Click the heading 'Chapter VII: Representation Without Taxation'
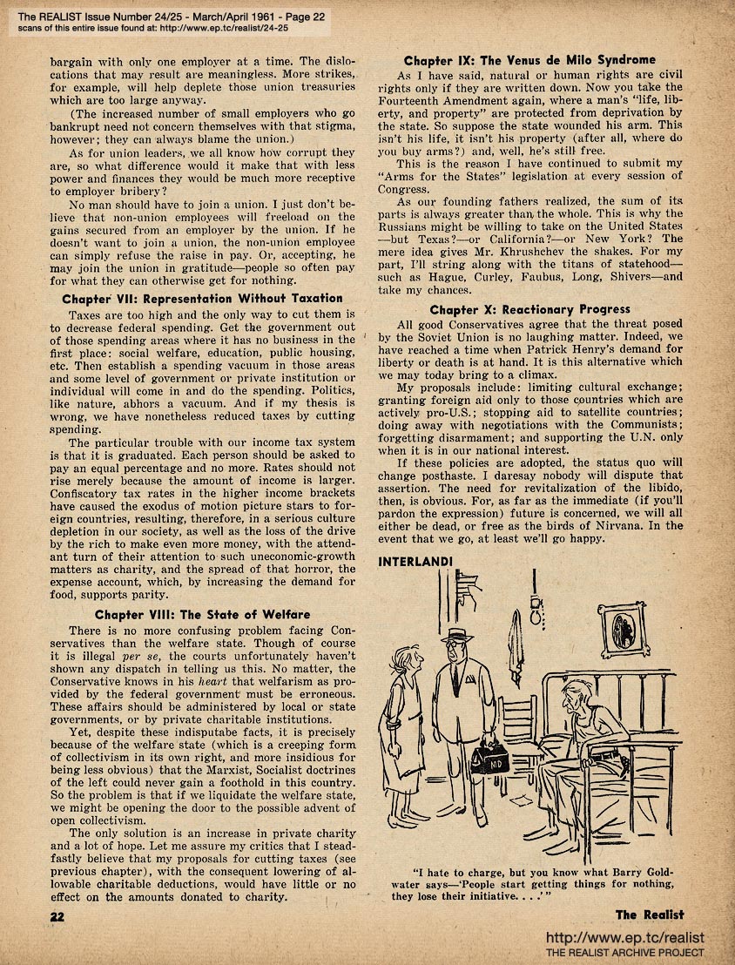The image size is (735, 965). pos(202,298)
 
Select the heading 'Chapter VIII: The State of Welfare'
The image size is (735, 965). pos(202,614)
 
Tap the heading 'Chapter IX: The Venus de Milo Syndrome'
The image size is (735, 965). pos(529,60)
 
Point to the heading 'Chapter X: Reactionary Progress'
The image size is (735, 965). pos(529,308)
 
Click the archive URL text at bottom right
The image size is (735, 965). pos(624,938)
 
